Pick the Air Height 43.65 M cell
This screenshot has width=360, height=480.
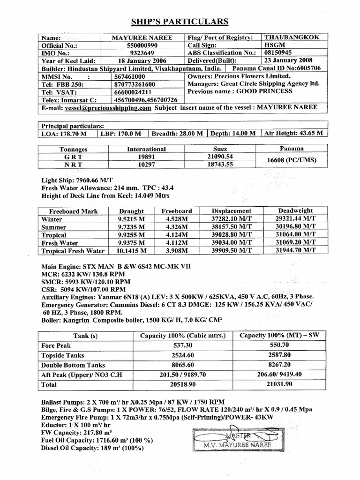click(293, 133)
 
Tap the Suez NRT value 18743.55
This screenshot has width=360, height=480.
click(220, 165)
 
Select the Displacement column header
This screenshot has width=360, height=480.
click(231, 211)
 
